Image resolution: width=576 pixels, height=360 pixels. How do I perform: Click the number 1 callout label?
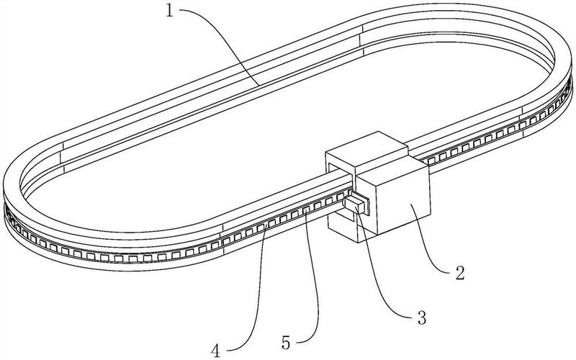tap(169, 11)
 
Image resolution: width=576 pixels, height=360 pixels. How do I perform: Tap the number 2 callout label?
tap(460, 273)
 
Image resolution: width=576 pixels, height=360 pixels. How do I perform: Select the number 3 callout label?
tap(422, 318)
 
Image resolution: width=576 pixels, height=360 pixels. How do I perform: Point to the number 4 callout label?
tap(216, 351)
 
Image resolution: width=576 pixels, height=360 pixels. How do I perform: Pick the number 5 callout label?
tap(286, 343)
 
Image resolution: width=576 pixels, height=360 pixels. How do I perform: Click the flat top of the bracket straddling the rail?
tap(366, 148)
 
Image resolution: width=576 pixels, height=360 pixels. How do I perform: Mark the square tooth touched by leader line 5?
tap(305, 210)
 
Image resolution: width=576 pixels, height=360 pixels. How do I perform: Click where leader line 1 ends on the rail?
tap(259, 85)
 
